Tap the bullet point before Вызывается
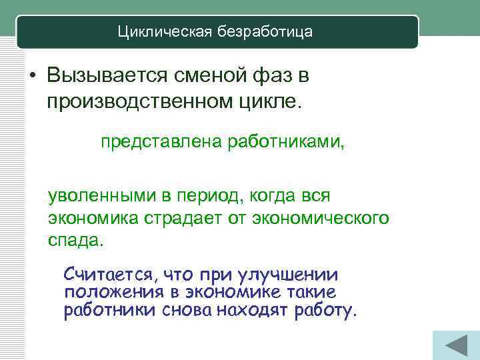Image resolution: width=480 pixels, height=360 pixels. click(x=32, y=77)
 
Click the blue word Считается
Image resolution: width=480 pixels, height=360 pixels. click(x=107, y=275)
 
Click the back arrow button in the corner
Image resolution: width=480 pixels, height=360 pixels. click(x=455, y=346)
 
